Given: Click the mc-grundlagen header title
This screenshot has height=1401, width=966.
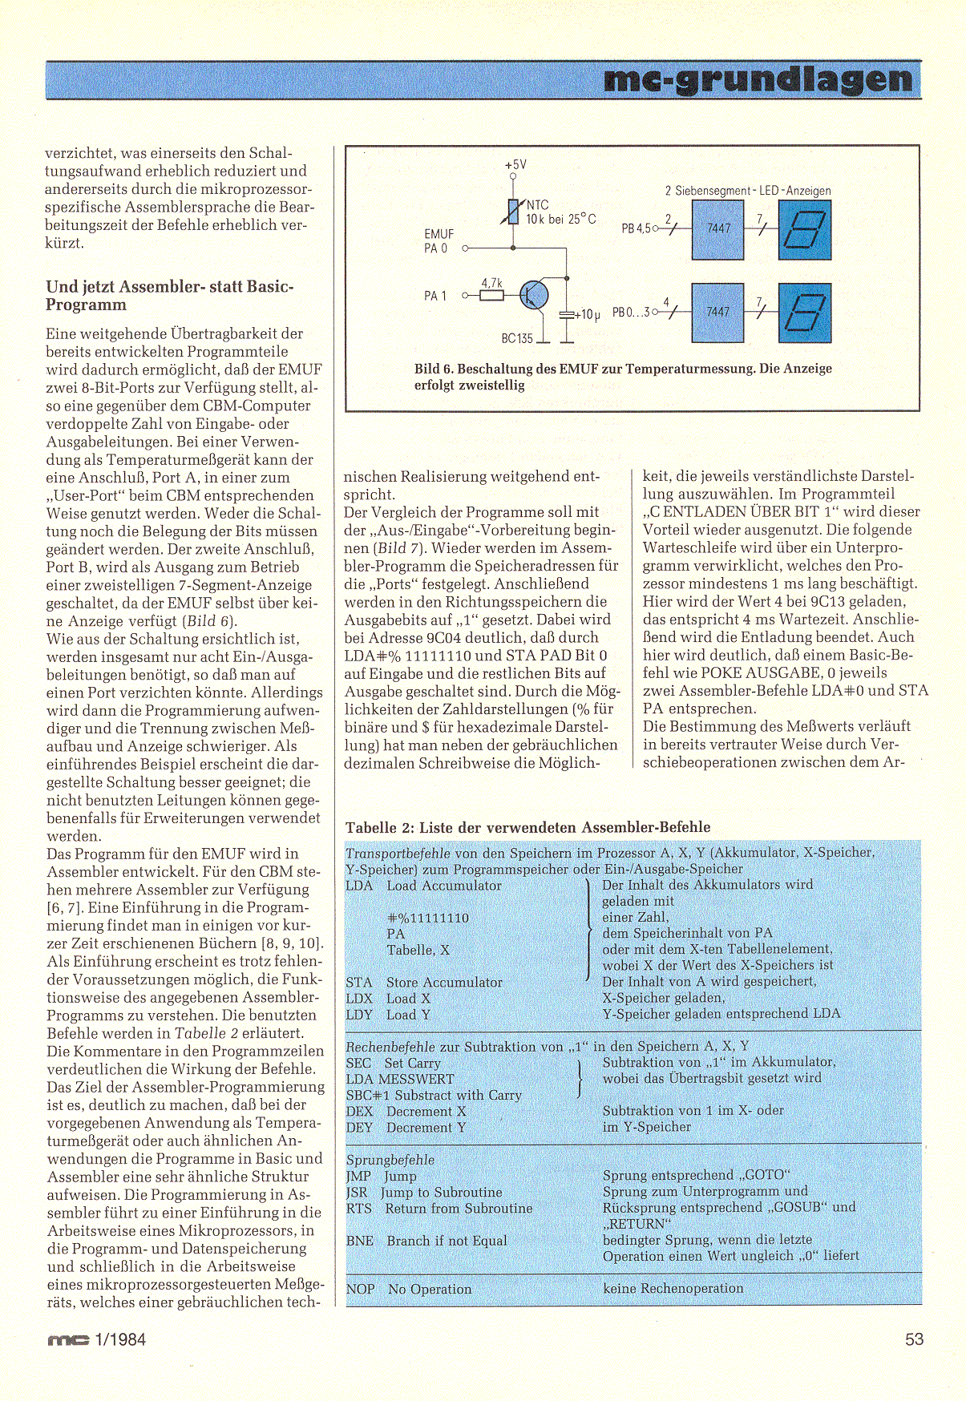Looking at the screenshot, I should (x=758, y=80).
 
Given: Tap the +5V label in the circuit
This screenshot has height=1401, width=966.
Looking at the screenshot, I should (x=515, y=165).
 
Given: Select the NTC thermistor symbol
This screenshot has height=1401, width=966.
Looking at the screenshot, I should (x=513, y=212).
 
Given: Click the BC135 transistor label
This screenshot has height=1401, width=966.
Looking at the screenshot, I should (x=517, y=338).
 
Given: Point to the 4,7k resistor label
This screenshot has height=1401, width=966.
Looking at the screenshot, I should (x=491, y=283).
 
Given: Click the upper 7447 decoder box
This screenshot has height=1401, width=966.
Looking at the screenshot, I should (x=717, y=229).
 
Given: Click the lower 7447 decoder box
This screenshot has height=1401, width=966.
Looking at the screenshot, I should (x=717, y=312).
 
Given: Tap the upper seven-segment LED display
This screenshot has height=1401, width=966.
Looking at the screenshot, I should (x=804, y=230).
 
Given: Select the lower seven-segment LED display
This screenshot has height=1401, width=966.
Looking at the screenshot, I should (x=804, y=313).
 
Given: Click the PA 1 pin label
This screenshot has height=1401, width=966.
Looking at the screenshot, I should (x=435, y=296).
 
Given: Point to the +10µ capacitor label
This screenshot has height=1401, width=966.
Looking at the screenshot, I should (x=588, y=315).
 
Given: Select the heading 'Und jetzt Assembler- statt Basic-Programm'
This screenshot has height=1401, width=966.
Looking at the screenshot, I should (x=169, y=295).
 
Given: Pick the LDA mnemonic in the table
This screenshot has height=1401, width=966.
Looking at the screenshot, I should (x=359, y=886).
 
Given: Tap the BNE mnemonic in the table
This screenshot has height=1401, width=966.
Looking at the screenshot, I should (x=360, y=1241).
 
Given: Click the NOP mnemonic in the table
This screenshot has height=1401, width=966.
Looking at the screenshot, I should (x=360, y=1289).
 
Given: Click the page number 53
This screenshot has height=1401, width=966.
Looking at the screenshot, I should (x=914, y=1339).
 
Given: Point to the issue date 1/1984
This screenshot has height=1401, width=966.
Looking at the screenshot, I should (x=120, y=1339).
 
